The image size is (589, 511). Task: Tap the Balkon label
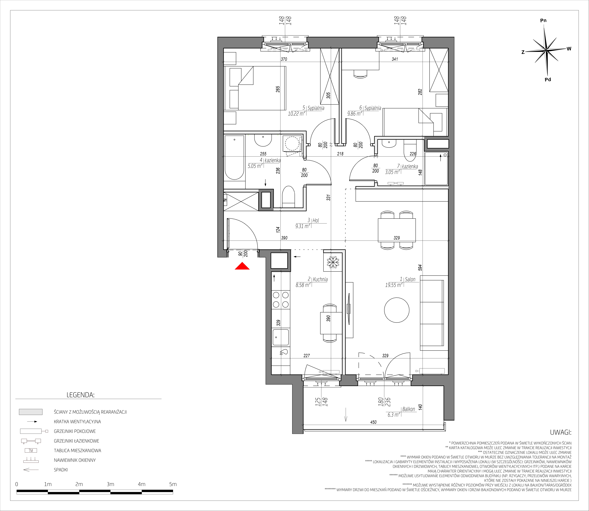click(x=409, y=409)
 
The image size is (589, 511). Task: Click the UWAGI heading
click(x=561, y=432)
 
